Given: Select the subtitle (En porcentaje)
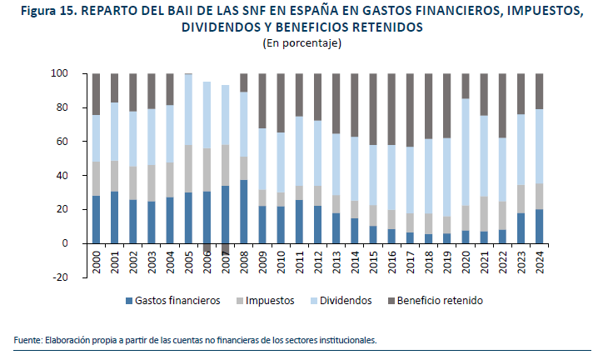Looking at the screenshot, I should pos(303,42).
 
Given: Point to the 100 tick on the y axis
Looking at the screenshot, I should pos(58,74).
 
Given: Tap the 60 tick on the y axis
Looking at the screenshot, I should pos(61,142).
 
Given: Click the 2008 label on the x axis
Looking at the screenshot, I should pos(244,262).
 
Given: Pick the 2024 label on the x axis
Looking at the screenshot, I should pos(539,262).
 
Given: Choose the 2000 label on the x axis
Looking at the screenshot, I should pos(97,262).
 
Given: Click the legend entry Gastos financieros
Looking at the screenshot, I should pos(175,300).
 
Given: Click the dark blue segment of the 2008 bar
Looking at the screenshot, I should pos(244,212).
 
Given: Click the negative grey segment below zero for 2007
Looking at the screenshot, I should pos(226,249).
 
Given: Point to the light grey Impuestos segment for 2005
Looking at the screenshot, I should pos(189,168).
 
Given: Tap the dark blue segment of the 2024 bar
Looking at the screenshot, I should pos(539,226).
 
